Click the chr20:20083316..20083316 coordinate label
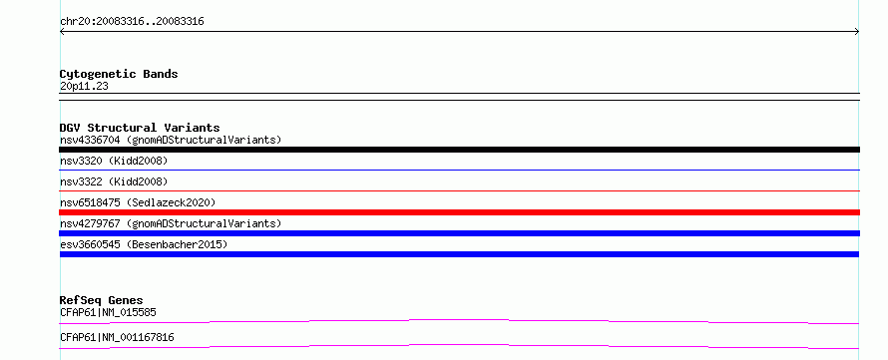tap(132, 22)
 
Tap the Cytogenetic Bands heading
tap(119, 74)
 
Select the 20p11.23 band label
tap(84, 87)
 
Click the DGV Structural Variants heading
tap(140, 128)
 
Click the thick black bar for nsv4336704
tap(459, 150)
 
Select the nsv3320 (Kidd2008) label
tap(114, 161)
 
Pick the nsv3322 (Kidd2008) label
tap(114, 181)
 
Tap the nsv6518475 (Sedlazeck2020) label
tap(138, 202)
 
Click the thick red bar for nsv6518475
tap(459, 212)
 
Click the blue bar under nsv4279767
tap(459, 233)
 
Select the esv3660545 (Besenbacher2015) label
tap(144, 244)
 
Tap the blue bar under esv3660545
tap(459, 254)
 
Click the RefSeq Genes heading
tap(102, 300)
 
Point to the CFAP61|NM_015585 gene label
tap(108, 312)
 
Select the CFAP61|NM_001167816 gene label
tap(117, 337)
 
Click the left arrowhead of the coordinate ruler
tap(61, 32)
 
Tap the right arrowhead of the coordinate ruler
tap(858, 32)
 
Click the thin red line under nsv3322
tap(459, 190)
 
